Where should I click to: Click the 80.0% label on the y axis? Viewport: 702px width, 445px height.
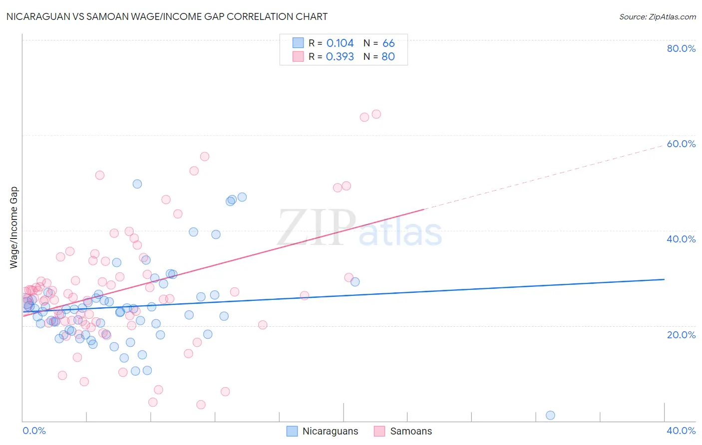[681, 48]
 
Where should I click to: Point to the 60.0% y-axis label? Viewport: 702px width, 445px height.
[681, 144]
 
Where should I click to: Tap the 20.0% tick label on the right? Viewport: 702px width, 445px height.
[681, 335]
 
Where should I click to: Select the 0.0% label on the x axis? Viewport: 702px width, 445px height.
[34, 431]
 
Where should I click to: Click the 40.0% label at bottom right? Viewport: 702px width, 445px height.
[681, 431]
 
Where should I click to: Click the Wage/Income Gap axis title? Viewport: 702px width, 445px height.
[14, 227]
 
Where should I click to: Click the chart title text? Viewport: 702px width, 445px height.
[167, 16]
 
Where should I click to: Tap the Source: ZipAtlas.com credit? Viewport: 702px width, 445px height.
[657, 16]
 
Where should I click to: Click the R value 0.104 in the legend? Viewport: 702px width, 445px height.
[340, 43]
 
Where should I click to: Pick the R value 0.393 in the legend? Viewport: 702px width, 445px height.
[340, 57]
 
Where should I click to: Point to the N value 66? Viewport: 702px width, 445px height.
[388, 43]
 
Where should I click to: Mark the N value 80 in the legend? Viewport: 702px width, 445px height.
[388, 57]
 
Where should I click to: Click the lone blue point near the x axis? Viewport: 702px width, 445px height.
[550, 416]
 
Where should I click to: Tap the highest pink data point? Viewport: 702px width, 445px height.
[376, 114]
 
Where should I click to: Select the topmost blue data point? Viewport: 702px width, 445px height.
[137, 184]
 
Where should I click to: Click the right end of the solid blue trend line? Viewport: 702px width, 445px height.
[664, 279]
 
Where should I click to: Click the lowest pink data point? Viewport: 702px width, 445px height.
[201, 405]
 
